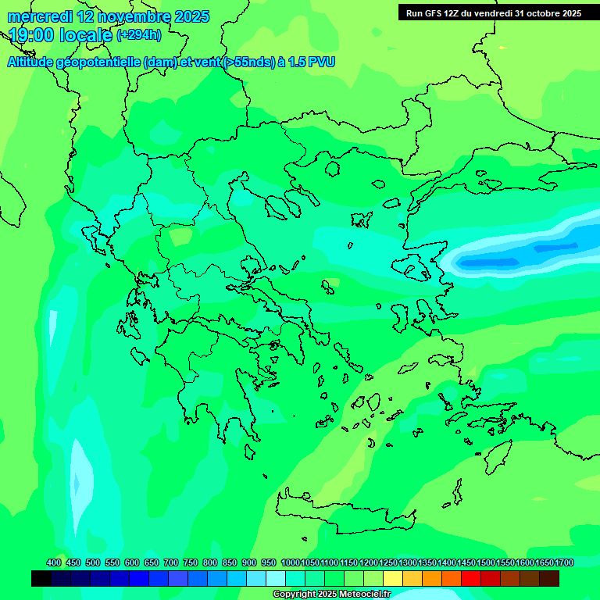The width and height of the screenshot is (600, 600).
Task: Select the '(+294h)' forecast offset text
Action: coord(139,35)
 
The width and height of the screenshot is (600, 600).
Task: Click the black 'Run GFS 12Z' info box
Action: coord(493,12)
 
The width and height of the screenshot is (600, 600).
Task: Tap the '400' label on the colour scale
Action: coord(54,562)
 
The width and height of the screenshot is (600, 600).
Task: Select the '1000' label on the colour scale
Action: coord(290,562)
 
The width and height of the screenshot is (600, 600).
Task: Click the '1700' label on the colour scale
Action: coord(564,562)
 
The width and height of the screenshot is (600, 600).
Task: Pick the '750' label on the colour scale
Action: coord(191,562)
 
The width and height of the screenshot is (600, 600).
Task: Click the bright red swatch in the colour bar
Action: coord(471,578)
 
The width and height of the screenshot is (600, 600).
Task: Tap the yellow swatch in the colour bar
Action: coord(393,578)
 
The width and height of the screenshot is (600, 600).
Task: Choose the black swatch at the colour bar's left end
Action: coord(41,578)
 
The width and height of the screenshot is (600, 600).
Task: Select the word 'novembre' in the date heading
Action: coord(133,16)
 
